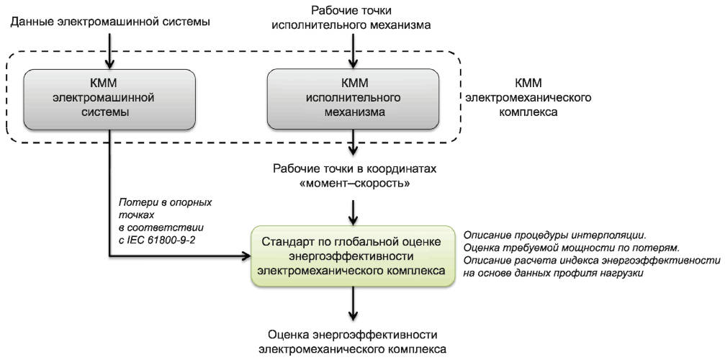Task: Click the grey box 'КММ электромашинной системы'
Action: click(x=109, y=99)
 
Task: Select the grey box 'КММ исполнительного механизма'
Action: click(x=353, y=99)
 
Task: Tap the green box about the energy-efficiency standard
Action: click(x=353, y=256)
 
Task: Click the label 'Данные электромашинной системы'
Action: click(x=109, y=21)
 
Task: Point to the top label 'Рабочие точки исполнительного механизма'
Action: click(x=353, y=17)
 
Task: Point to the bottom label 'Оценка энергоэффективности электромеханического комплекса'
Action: click(x=353, y=341)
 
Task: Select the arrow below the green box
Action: click(x=353, y=303)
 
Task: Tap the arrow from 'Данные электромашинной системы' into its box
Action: click(x=109, y=50)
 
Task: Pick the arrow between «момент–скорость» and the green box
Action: click(x=353, y=212)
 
